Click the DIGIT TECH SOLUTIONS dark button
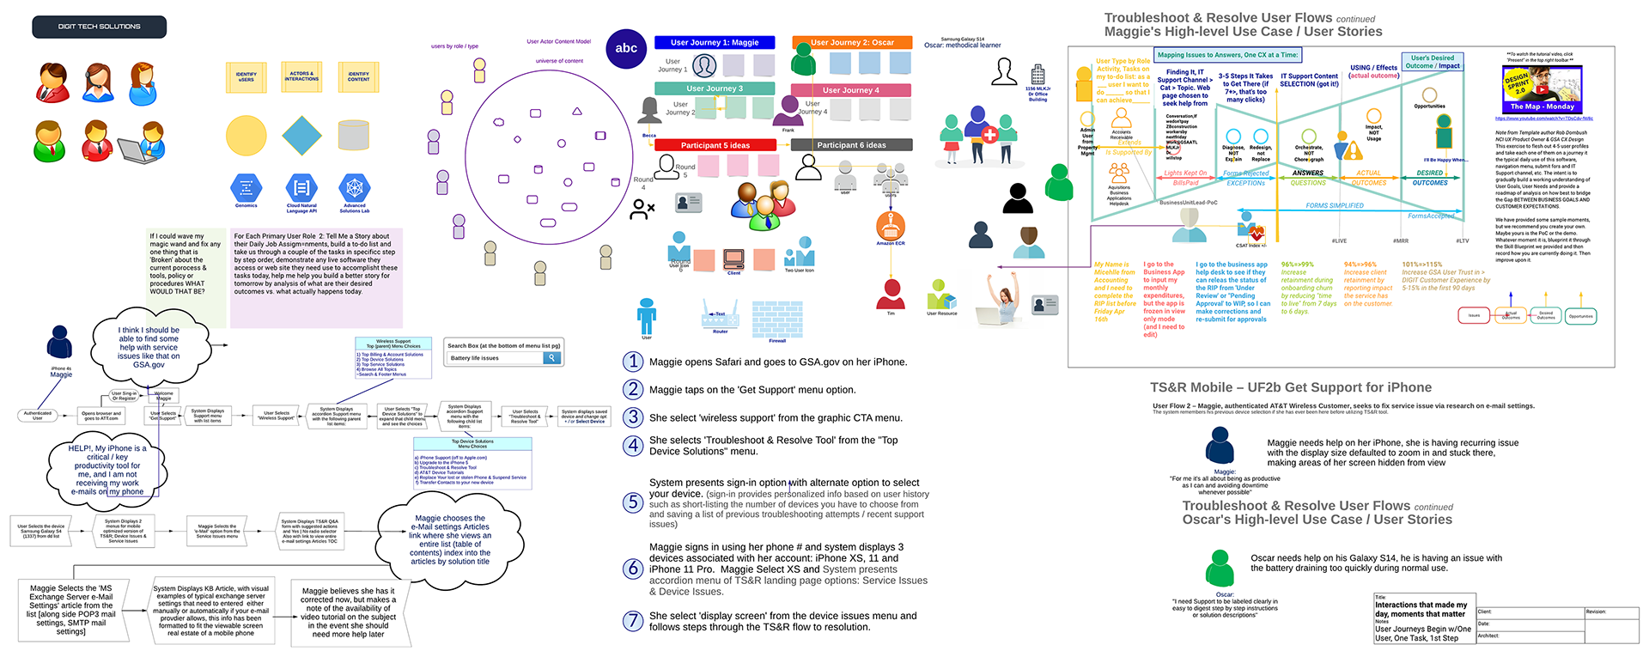pos(99,27)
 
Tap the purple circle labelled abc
pos(626,48)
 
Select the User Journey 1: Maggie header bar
pos(715,42)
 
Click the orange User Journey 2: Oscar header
pos(852,42)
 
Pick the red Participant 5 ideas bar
pos(715,145)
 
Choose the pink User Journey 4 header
pos(850,90)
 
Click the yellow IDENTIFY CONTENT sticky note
pos(358,76)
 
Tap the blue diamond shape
pos(301,136)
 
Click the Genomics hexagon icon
pos(246,187)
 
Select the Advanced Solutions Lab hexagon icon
pos(355,188)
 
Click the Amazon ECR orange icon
pos(891,226)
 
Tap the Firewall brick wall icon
pos(777,319)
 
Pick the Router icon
pos(720,315)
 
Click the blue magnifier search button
pos(551,358)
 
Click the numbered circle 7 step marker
pos(633,621)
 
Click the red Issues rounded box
pos(1474,316)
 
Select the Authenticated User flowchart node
pos(37,416)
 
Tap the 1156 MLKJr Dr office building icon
pos(1037,75)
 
